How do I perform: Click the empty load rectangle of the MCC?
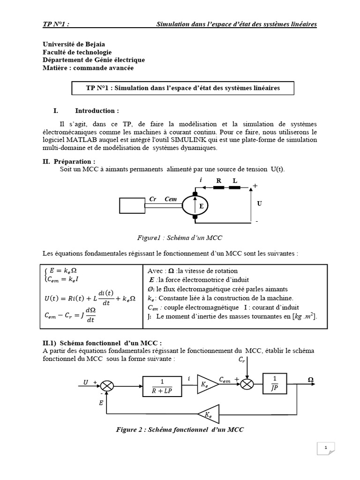point(133,206)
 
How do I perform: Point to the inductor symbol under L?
point(234,187)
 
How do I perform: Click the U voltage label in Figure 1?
point(259,204)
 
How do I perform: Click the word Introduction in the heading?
point(97,111)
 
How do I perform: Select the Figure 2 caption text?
point(180,429)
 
